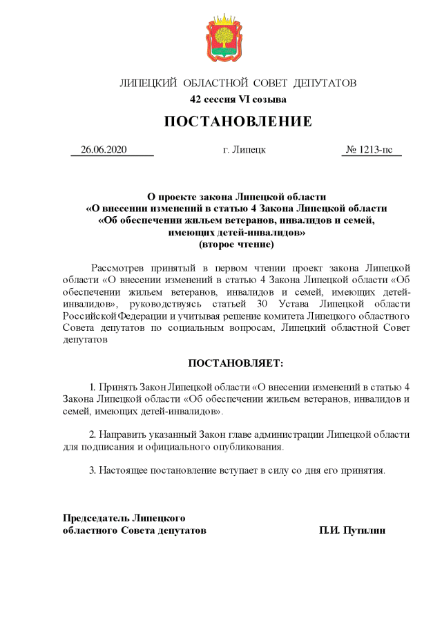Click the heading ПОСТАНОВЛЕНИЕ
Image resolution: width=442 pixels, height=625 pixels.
tap(238, 122)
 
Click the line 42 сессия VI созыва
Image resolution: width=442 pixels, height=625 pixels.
tap(238, 99)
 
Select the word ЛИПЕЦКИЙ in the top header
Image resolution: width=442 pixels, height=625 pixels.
tap(148, 84)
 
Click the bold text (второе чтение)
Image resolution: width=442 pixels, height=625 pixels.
tap(237, 244)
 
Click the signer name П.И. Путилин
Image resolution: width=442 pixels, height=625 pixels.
tap(352, 530)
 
